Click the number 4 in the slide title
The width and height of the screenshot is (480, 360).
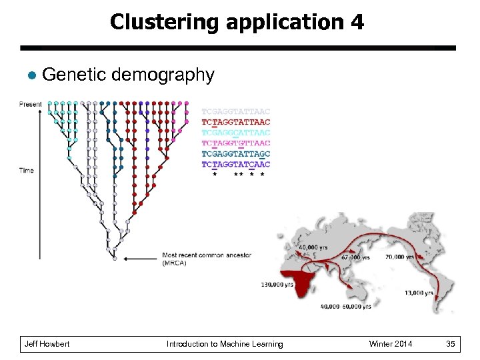pos(356,22)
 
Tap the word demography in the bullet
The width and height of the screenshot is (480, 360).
pos(163,75)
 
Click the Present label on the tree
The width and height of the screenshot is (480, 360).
pos(31,104)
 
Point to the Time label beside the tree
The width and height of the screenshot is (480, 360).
pos(27,171)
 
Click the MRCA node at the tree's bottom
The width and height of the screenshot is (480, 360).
pos(115,258)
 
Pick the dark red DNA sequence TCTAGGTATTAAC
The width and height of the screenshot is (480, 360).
pos(236,122)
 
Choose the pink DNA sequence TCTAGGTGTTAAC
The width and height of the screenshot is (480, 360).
pos(236,143)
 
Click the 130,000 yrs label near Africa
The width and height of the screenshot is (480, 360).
pos(277,285)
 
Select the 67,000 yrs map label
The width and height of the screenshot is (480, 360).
pos(355,257)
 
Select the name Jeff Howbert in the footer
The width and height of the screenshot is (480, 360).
pos(47,344)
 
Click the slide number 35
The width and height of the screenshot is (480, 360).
pos(451,344)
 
